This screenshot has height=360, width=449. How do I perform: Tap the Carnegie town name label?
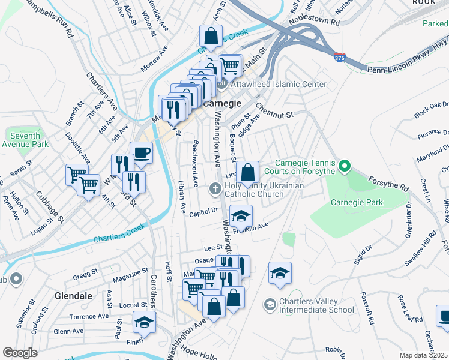(222, 103)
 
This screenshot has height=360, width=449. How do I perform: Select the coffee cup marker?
(141, 152)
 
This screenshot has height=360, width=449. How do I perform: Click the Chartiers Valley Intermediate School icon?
(270, 305)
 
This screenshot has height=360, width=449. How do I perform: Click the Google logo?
(20, 353)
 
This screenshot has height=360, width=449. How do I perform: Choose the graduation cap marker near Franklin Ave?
(241, 216)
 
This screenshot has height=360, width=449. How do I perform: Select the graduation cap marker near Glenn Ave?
(144, 322)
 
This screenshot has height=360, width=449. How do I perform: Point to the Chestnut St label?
(273, 110)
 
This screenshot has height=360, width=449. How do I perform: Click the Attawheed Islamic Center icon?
(220, 85)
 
